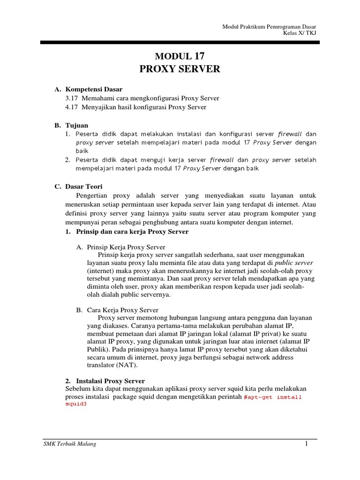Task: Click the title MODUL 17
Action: point(180,56)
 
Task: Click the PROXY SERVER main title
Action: point(180,69)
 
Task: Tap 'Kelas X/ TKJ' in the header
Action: point(301,33)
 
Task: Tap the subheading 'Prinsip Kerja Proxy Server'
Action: point(126,247)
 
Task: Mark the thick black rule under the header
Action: point(180,43)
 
